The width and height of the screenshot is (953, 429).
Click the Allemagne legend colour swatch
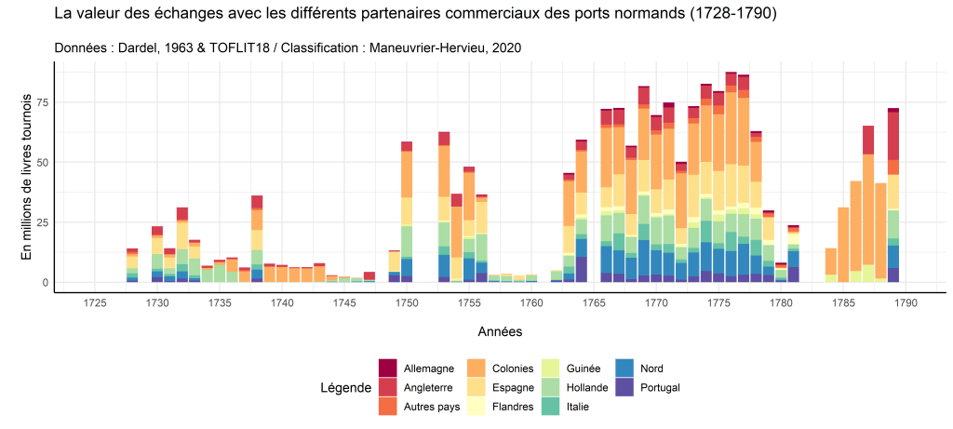pyautogui.click(x=387, y=368)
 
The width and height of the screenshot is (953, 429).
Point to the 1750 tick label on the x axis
pyautogui.click(x=407, y=302)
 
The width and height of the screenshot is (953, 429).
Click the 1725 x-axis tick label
pyautogui.click(x=95, y=302)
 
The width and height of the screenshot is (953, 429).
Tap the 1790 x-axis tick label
pyautogui.click(x=906, y=302)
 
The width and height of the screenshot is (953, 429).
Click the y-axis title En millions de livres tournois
pyautogui.click(x=27, y=176)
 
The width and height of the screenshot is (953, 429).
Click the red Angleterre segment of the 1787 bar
pyautogui.click(x=868, y=140)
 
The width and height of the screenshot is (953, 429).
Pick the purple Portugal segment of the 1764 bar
pyautogui.click(x=581, y=269)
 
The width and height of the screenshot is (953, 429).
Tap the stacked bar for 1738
pyautogui.click(x=257, y=242)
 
